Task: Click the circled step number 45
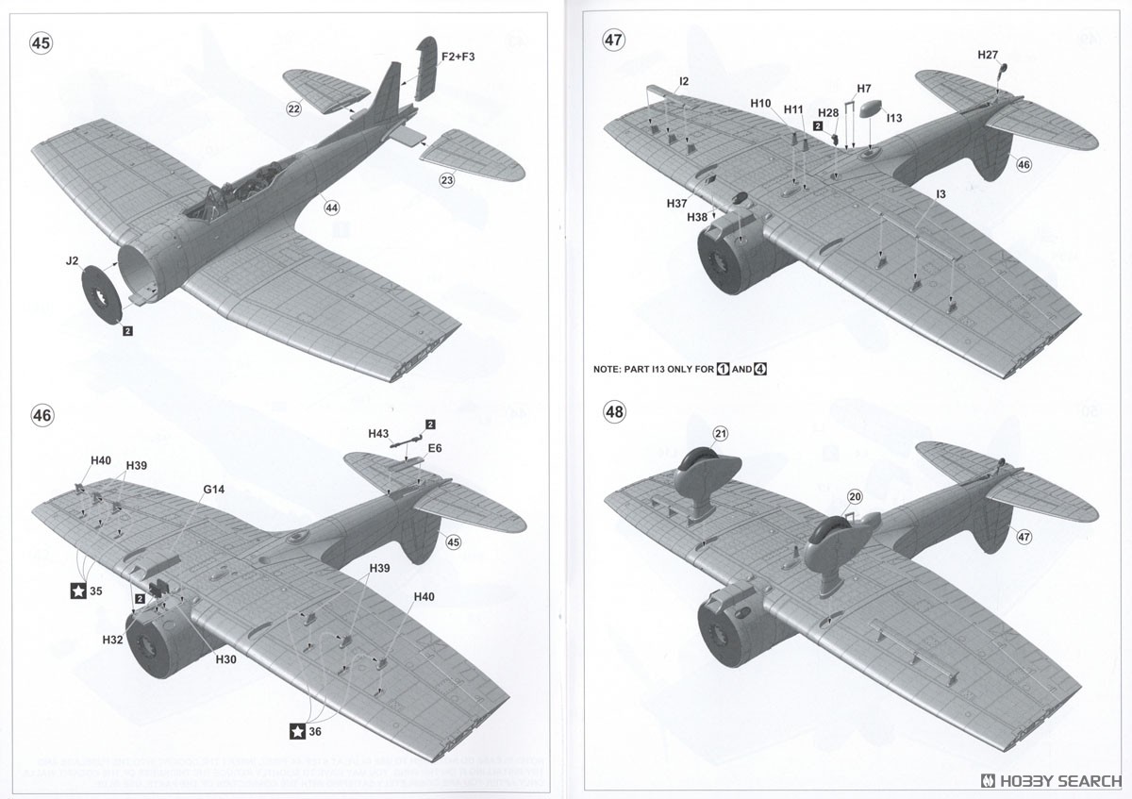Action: (x=42, y=43)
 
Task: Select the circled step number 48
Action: (x=614, y=412)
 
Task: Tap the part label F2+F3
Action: (x=458, y=58)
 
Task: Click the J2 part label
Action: (x=72, y=261)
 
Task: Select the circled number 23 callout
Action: (x=446, y=179)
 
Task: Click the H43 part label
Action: (x=378, y=433)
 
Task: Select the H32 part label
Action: (x=113, y=640)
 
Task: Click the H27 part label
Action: (x=988, y=55)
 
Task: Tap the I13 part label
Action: (x=894, y=118)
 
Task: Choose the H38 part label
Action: (x=697, y=217)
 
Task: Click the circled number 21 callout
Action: (x=721, y=433)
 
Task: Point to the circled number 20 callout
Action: (x=855, y=496)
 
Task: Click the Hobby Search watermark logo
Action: (x=1051, y=780)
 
